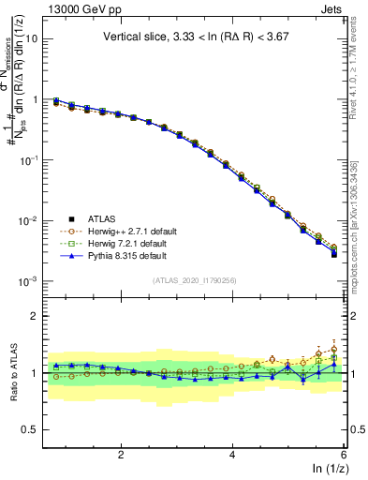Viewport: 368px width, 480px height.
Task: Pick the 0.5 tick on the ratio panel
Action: (30, 429)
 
